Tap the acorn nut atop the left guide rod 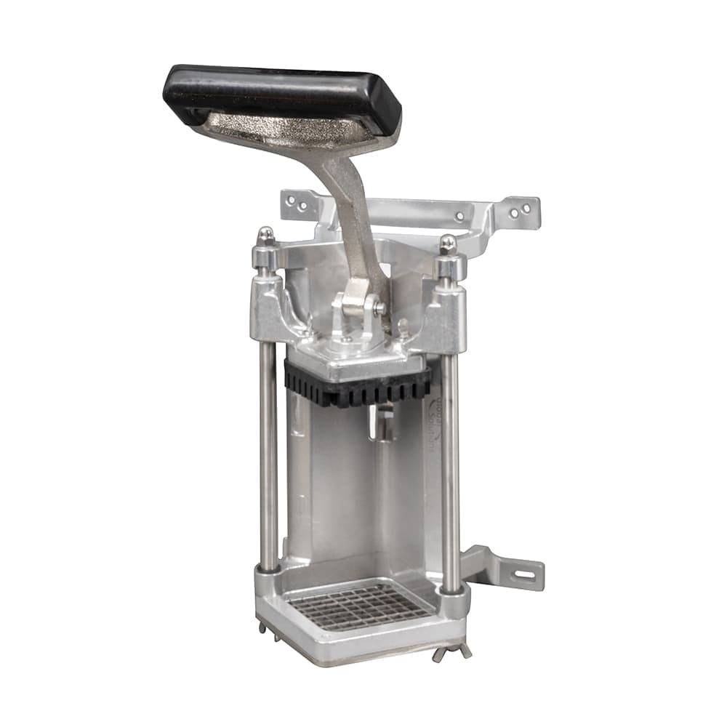pos(266,235)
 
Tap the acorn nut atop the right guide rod pos(449,243)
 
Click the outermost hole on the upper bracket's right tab pos(526,209)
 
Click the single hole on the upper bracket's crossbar pos(459,215)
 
